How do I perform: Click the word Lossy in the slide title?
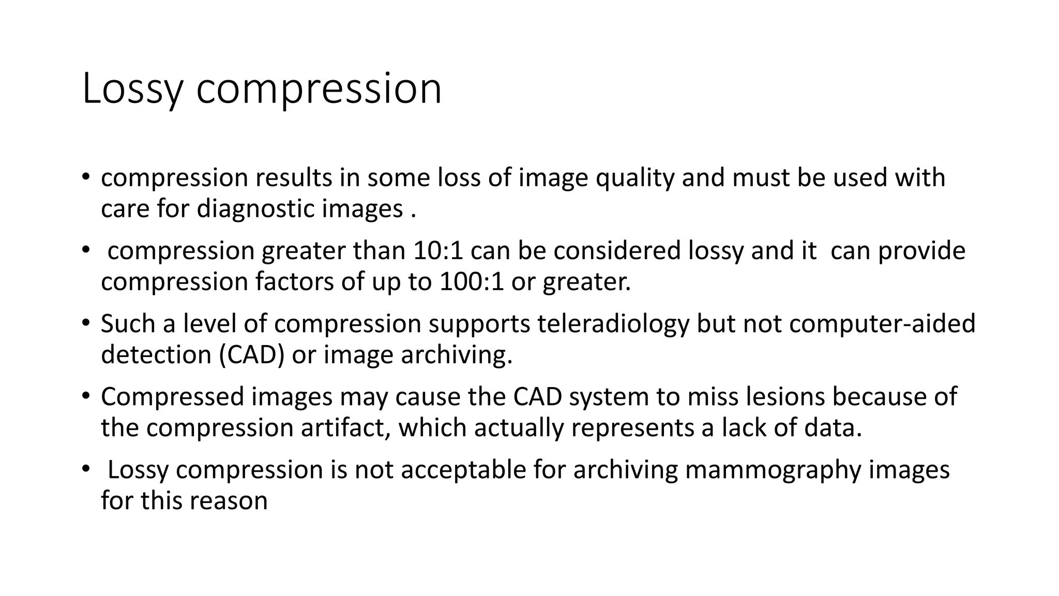pos(132,89)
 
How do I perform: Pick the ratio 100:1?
pos(471,282)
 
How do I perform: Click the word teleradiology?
pos(613,324)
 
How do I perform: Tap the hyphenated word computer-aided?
pos(882,324)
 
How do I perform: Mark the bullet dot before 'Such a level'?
pos(85,323)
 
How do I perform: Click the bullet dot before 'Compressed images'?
pos(85,396)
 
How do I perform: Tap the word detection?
pos(156,355)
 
